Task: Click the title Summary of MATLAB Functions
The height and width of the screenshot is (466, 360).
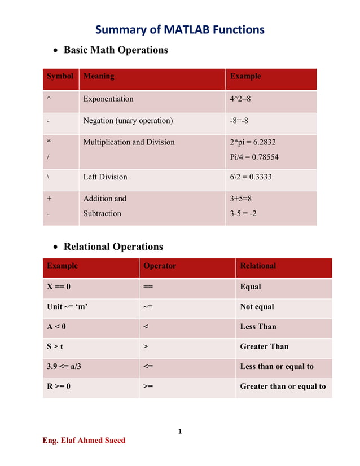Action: coord(179,29)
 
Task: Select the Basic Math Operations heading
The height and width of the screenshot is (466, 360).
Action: coord(116,50)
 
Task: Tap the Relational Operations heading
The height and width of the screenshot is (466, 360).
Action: coord(113,247)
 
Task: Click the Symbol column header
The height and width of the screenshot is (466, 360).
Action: coord(60,76)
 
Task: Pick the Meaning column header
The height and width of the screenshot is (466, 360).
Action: coord(99,76)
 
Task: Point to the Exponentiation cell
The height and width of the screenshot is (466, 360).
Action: coord(108,99)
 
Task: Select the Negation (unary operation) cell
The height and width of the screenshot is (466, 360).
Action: coord(128,120)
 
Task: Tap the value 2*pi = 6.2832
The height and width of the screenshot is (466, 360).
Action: coord(253,142)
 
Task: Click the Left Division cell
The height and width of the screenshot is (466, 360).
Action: coord(105,177)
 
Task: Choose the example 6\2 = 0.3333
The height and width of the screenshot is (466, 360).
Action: coord(251,177)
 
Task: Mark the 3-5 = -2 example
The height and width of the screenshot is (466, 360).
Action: coord(243,213)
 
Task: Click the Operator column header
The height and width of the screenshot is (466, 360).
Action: coord(160,266)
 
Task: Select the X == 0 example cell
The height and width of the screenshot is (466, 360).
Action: coord(59,287)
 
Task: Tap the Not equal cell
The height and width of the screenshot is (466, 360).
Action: coord(257,306)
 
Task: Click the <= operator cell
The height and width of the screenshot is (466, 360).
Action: coord(148,366)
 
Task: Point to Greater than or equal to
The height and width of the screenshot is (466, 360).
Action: coord(283,386)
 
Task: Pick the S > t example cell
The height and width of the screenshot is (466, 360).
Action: coord(55,346)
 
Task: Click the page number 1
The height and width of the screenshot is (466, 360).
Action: coord(179,432)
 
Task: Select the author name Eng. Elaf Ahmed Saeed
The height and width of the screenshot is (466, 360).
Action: coord(84,440)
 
